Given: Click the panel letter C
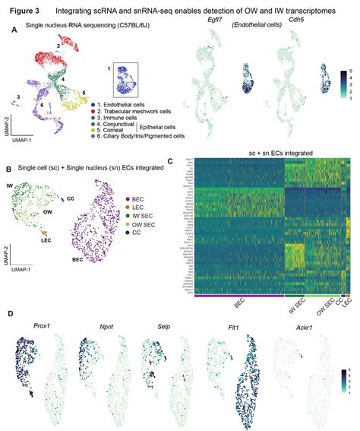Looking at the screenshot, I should (x=171, y=160).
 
